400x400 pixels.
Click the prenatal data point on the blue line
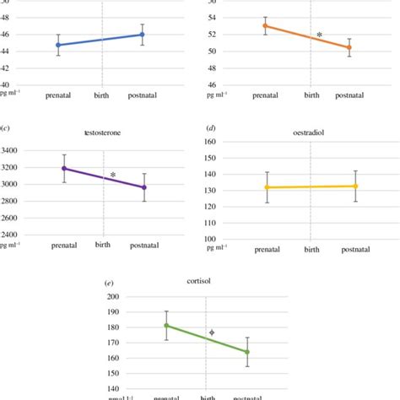pos(58,45)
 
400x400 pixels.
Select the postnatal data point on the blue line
pos(142,35)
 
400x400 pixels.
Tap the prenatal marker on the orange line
pos(265,25)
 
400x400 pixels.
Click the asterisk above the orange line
pos(319,35)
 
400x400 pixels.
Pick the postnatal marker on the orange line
pos(349,47)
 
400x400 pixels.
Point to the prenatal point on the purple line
pos(64,168)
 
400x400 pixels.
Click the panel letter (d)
pos(211,129)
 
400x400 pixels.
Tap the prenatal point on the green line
pos(166,325)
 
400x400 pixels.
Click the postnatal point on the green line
pos(247,352)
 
